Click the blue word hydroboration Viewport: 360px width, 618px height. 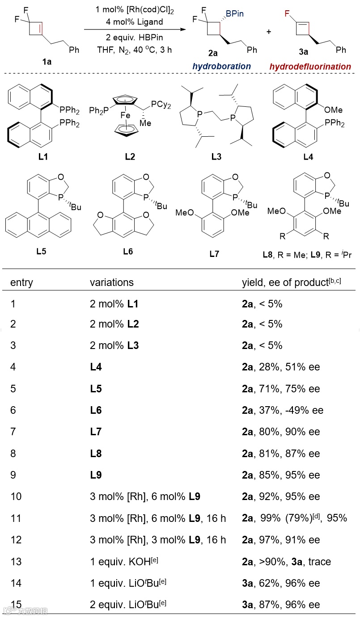pos(221,66)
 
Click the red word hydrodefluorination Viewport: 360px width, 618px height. pos(310,67)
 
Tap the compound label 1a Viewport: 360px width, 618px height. pos(47,62)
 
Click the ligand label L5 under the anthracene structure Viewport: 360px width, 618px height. pos(41,251)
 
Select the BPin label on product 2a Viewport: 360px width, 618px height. pos(234,14)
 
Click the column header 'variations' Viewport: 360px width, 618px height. pos(111,282)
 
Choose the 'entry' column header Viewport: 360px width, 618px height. pos(21,282)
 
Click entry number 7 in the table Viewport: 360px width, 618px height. pos(13,432)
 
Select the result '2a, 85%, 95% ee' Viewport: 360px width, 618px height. pos(281,475)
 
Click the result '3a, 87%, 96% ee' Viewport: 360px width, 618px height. pos(281,605)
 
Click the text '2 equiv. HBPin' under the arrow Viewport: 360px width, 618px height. pos(135,38)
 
